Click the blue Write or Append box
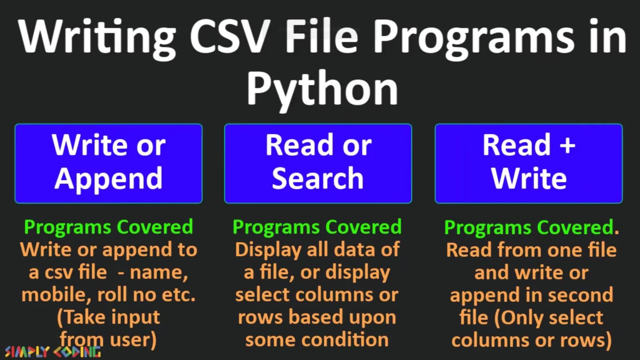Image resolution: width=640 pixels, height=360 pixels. click(x=108, y=163)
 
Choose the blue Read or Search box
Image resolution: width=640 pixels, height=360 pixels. click(x=318, y=163)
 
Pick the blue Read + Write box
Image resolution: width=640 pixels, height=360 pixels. click(x=528, y=163)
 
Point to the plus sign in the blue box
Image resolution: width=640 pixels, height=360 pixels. click(x=567, y=146)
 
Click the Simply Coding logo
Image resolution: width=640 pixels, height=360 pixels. click(x=52, y=352)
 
